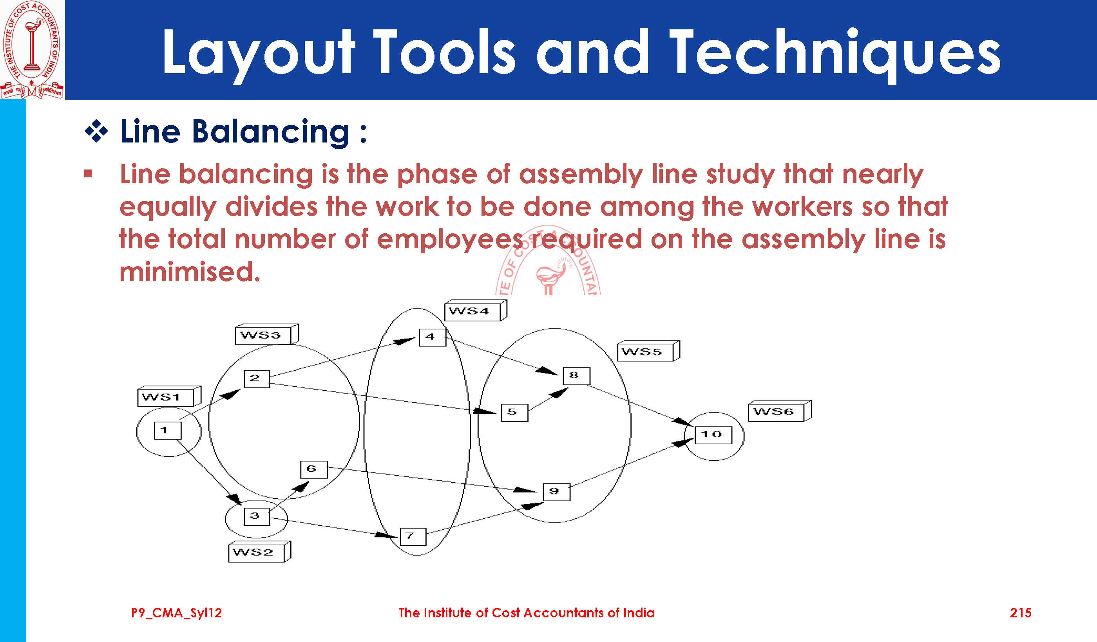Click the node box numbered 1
168,431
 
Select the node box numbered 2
257,379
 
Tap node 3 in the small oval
257,516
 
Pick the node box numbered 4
432,337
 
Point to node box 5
514,413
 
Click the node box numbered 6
314,470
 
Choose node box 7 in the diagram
413,537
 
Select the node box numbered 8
577,376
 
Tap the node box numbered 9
557,492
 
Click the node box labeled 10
713,435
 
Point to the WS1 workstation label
169,396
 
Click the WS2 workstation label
260,552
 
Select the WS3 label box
267,334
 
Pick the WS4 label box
476,310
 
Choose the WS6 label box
780,411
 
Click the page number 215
1020,613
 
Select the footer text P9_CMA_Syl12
176,613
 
